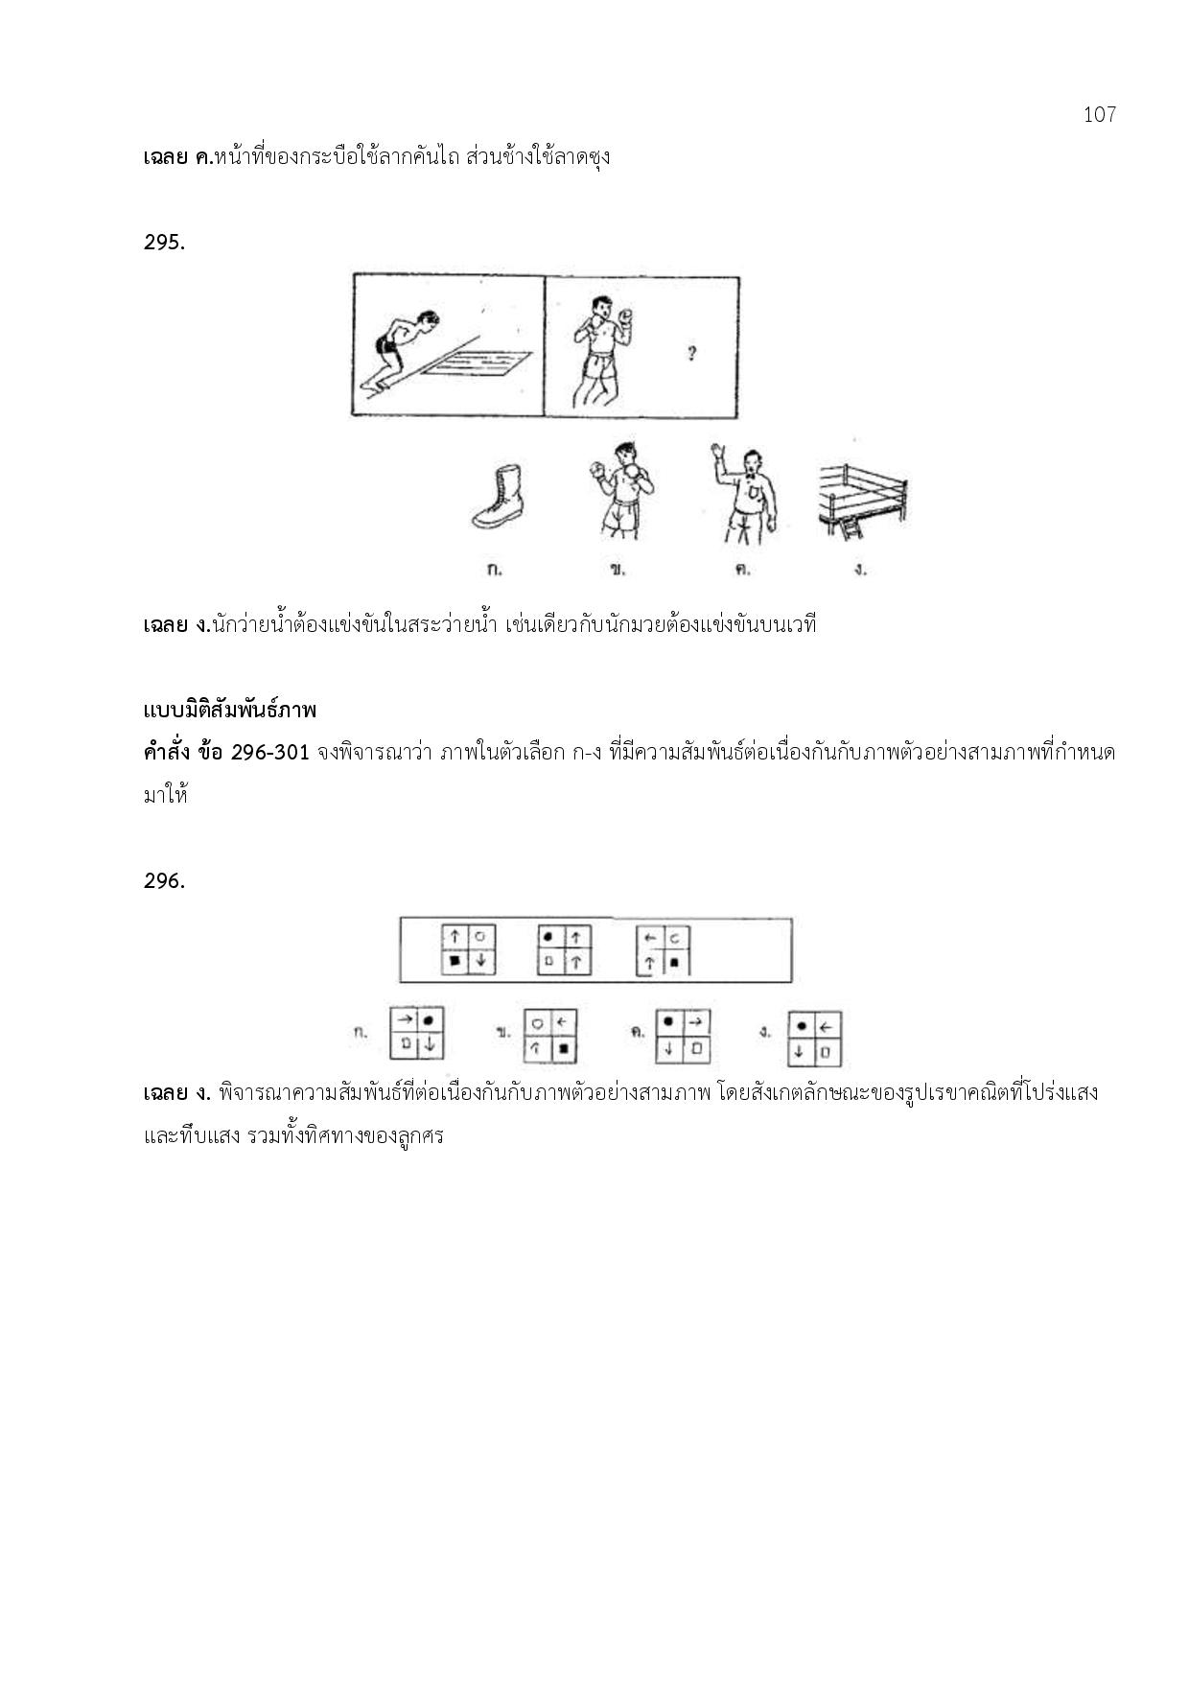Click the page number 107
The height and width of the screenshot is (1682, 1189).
click(x=1099, y=115)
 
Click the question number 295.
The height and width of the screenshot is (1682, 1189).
click(x=163, y=243)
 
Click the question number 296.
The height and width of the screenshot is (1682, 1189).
click(x=163, y=881)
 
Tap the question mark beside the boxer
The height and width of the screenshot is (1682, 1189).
click(x=691, y=354)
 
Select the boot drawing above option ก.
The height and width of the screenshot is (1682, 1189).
click(x=499, y=497)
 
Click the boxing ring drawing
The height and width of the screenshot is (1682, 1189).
click(x=862, y=498)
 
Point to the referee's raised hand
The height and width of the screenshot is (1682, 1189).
click(x=715, y=453)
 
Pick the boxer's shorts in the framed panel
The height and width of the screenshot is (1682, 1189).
click(x=602, y=366)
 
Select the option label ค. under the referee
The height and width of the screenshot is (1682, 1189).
click(x=741, y=570)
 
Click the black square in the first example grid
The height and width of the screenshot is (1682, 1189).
click(x=455, y=960)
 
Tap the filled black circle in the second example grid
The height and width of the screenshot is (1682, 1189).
click(x=549, y=936)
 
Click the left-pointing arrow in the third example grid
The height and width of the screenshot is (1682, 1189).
click(x=650, y=937)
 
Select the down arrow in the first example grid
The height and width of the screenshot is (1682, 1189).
click(x=481, y=960)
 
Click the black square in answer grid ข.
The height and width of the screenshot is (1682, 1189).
click(x=563, y=1049)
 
